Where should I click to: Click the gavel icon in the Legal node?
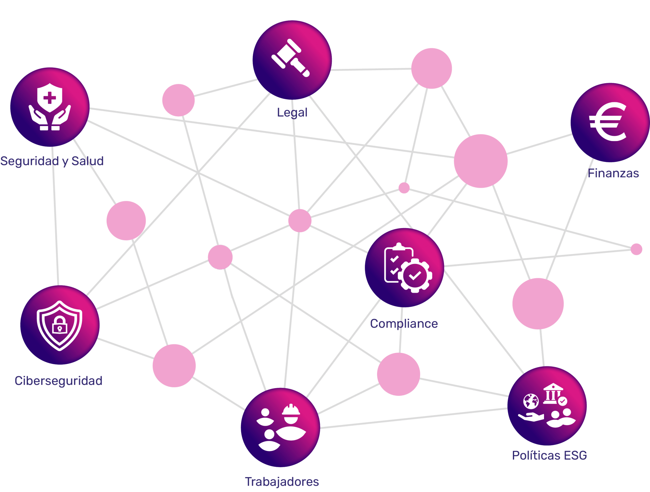tap(290, 58)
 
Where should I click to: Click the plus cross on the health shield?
tap(50, 98)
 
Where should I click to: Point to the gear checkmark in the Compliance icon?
tap(415, 275)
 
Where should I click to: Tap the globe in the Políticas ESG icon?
tap(531, 401)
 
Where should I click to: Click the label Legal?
tap(292, 112)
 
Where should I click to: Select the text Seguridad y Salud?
tap(52, 161)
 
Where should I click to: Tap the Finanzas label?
tap(613, 173)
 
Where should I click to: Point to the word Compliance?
tap(404, 324)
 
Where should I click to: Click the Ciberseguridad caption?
tap(58, 381)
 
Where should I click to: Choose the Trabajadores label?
tap(282, 482)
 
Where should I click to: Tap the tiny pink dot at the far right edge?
tap(636, 249)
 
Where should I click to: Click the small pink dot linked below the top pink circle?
tap(404, 188)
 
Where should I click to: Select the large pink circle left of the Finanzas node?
tap(481, 161)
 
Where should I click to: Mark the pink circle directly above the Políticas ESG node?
tap(538, 304)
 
